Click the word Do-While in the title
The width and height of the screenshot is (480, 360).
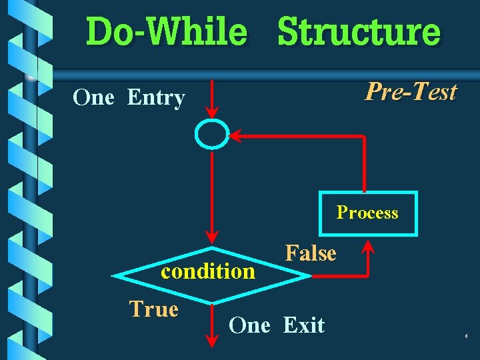click(x=166, y=32)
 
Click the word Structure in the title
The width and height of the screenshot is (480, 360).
click(x=359, y=32)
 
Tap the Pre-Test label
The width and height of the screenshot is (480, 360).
click(x=410, y=91)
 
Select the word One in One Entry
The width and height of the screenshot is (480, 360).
click(x=93, y=98)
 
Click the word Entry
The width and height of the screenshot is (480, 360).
click(x=155, y=98)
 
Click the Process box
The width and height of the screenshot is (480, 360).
click(x=367, y=213)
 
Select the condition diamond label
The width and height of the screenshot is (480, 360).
click(x=208, y=271)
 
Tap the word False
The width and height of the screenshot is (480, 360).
click(x=311, y=253)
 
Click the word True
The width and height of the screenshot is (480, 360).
click(x=153, y=309)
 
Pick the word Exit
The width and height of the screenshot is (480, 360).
click(x=303, y=325)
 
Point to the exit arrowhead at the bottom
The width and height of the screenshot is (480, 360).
click(x=211, y=341)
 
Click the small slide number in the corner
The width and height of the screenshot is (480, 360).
click(x=466, y=337)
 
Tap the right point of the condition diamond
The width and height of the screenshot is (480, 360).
click(x=307, y=275)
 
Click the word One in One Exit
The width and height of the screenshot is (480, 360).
click(x=249, y=325)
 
